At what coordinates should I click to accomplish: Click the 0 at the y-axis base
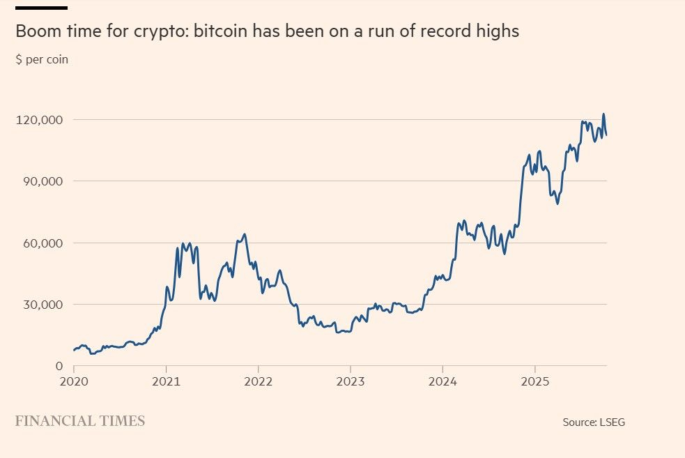[59, 366]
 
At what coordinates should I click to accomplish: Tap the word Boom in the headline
[36, 32]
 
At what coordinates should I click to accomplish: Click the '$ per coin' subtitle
[42, 59]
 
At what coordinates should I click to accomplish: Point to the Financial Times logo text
[80, 421]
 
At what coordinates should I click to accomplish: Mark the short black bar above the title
[41, 8]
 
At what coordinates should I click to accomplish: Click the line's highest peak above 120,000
[603, 114]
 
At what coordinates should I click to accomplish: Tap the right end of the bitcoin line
[606, 135]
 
